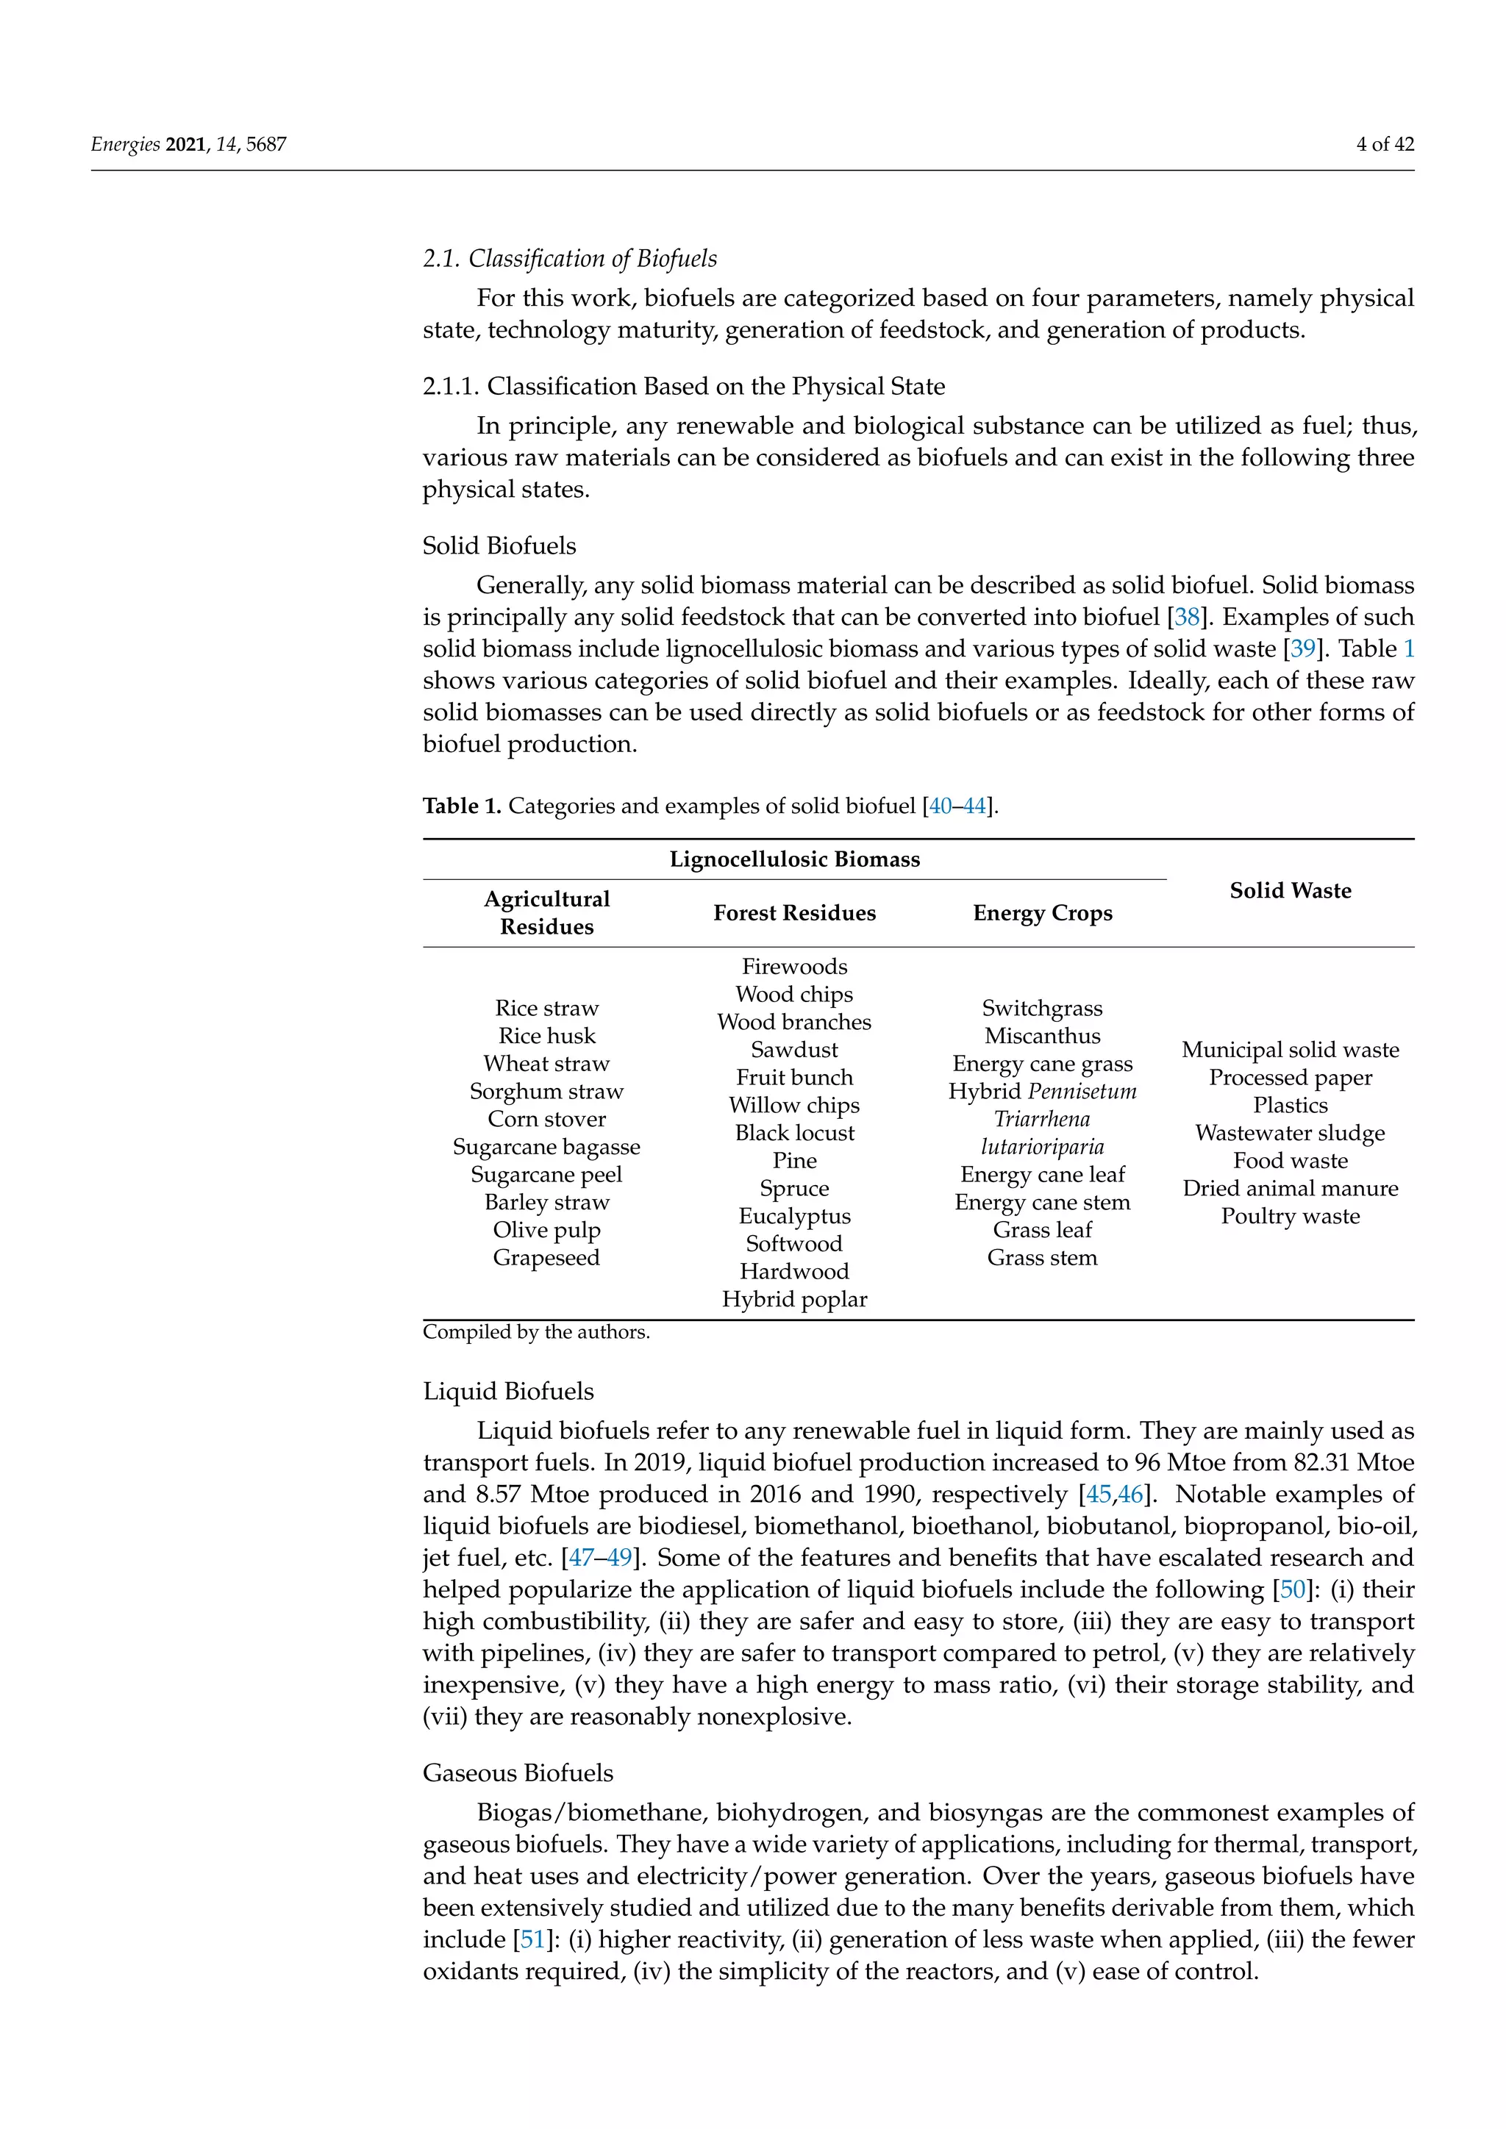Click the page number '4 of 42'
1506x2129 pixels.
pyautogui.click(x=1384, y=144)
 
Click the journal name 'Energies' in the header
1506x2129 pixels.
pyautogui.click(x=125, y=144)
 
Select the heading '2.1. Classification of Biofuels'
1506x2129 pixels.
pyautogui.click(x=569, y=259)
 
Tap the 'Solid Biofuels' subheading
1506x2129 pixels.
pyautogui.click(x=499, y=545)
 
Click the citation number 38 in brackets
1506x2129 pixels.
pyautogui.click(x=1187, y=618)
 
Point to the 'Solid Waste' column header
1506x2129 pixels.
pyautogui.click(x=1290, y=890)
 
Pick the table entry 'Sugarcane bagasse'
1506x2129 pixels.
pyautogui.click(x=546, y=1147)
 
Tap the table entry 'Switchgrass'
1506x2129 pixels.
pyautogui.click(x=1041, y=1008)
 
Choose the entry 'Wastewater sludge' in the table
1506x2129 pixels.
pyautogui.click(x=1289, y=1133)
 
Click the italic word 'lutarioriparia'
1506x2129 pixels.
pyautogui.click(x=1041, y=1147)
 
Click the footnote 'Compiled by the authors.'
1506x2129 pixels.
pyautogui.click(x=536, y=1333)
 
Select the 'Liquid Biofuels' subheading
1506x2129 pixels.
pyautogui.click(x=508, y=1391)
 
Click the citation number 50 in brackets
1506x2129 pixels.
pyautogui.click(x=1292, y=1589)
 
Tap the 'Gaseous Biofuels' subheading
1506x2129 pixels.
pyautogui.click(x=518, y=1773)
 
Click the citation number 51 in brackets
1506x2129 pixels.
pyautogui.click(x=532, y=1940)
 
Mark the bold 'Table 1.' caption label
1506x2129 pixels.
pyautogui.click(x=461, y=806)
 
